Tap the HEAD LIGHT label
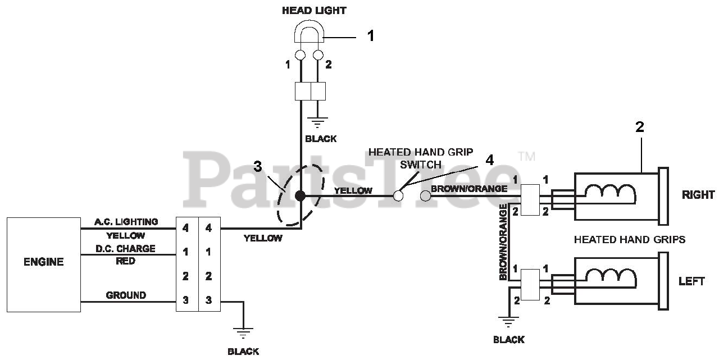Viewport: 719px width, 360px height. pos(314,10)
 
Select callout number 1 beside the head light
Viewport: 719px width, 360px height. pos(371,36)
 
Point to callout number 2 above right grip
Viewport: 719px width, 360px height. pos(640,127)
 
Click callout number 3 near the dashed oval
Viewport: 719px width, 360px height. pos(258,166)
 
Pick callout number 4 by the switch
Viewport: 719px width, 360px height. pos(489,160)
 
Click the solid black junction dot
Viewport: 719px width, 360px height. pos(301,195)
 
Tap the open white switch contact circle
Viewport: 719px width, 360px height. pos(398,195)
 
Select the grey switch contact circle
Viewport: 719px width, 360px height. pos(426,195)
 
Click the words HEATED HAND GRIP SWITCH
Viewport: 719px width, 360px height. pos(421,158)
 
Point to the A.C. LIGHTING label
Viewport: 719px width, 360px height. pos(127,222)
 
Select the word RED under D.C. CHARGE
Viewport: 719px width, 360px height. pos(125,261)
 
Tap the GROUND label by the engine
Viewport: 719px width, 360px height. pos(126,295)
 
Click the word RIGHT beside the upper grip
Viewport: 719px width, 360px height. pos(698,195)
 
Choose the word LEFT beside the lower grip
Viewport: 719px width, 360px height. pos(691,281)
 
